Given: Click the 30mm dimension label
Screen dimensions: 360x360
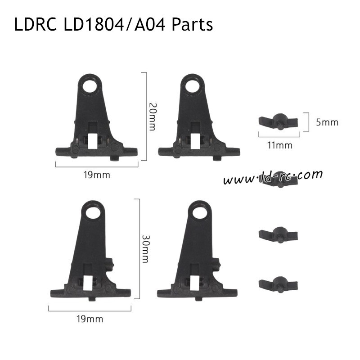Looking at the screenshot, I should [145, 249].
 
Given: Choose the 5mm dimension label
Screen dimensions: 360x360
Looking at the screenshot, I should [326, 121].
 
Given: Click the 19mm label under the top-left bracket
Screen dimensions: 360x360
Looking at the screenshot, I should [97, 174].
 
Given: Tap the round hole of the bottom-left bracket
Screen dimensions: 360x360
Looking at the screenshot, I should [96, 211].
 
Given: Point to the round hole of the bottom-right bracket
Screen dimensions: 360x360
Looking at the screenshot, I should [197, 211].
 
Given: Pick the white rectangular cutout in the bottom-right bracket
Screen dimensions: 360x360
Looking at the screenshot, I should [195, 283].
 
